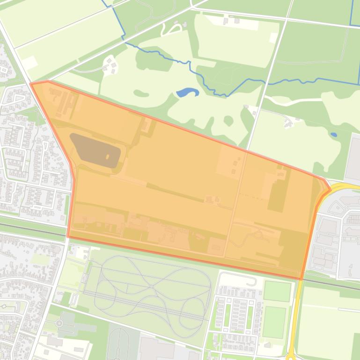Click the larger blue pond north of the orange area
pyautogui.click(x=187, y=92)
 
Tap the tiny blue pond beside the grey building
pyautogui.click(x=333, y=135)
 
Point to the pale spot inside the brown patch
pyautogui.click(x=108, y=157)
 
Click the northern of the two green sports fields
pyautogui.click(x=277, y=291)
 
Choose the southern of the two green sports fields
pyautogui.click(x=274, y=322)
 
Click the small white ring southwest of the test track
pyautogui.click(x=59, y=323)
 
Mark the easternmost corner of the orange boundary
pyautogui.click(x=330, y=188)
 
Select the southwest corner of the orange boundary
pyautogui.click(x=69, y=237)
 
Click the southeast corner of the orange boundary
pyautogui.click(x=301, y=279)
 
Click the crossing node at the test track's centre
pyautogui.click(x=153, y=287)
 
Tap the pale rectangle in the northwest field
pyautogui.click(x=29, y=62)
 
